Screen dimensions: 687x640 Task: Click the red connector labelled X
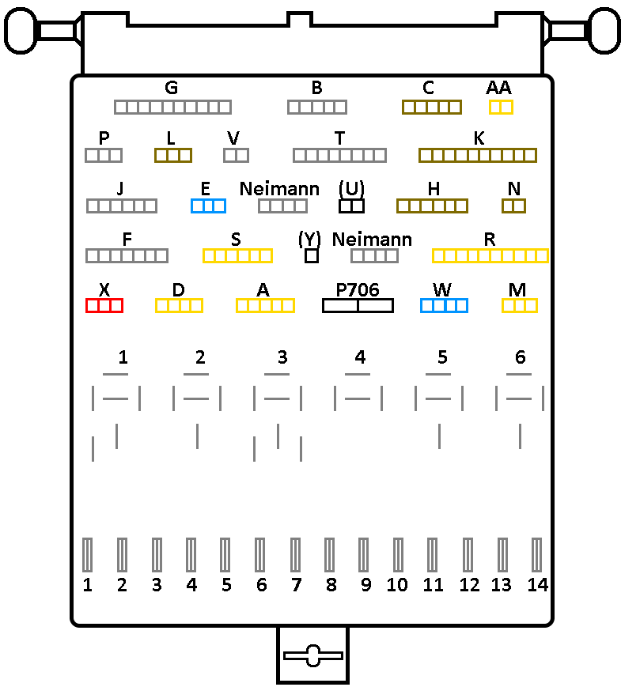tap(104, 306)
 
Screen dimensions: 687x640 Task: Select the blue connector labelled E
tap(208, 206)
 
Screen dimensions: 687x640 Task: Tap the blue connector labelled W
tap(444, 306)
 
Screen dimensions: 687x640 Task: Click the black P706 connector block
tap(358, 306)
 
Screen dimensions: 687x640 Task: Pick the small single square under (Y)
tap(312, 256)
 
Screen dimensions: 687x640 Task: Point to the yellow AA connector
tap(501, 107)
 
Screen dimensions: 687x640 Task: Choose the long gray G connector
tap(172, 107)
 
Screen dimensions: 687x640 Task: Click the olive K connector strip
tap(478, 155)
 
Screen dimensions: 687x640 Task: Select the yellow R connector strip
tap(490, 255)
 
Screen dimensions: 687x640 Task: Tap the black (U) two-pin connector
tap(351, 206)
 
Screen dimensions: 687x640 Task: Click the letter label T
tap(339, 138)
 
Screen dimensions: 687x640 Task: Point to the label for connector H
tap(433, 189)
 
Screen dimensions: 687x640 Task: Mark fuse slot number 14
tap(537, 554)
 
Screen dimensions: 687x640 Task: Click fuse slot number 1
tap(88, 554)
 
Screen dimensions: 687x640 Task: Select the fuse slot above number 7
tap(296, 554)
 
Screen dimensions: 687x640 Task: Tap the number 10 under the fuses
tap(397, 586)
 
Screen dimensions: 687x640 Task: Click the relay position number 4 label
tap(361, 357)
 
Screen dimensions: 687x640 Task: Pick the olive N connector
tap(513, 206)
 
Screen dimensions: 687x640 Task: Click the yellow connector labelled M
tap(520, 306)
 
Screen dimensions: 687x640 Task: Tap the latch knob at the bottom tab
tap(312, 655)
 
